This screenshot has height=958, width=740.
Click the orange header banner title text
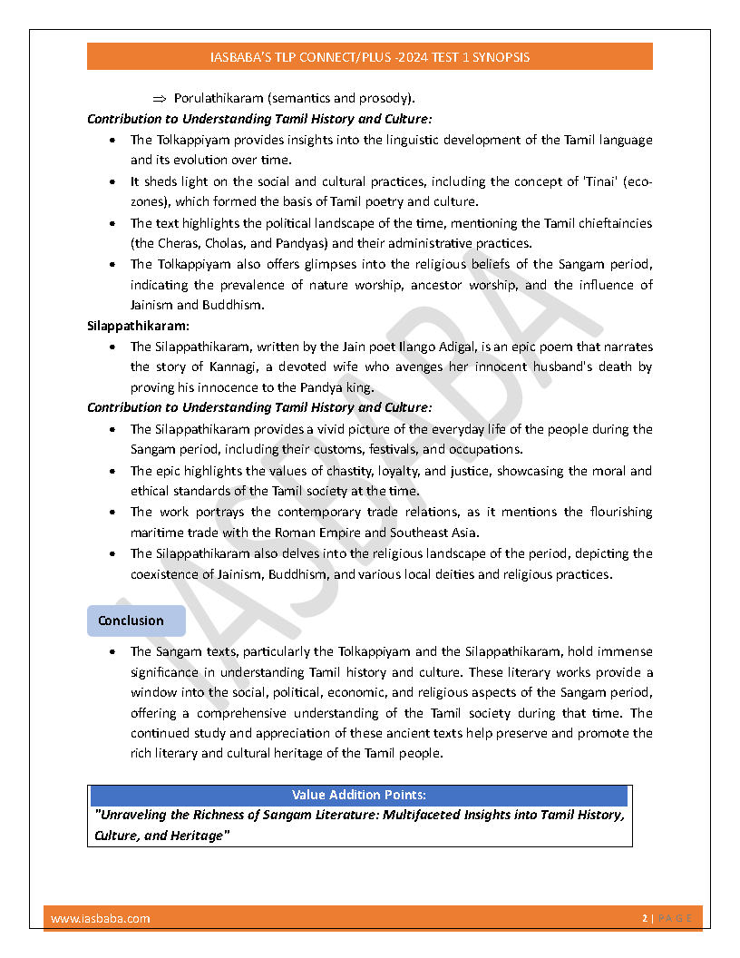pos(369,56)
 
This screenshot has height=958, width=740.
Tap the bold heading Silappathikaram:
pos(131,326)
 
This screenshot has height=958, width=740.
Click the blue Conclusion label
pos(131,621)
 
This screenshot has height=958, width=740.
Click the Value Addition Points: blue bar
pos(359,795)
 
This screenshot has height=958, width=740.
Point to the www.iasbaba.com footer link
pos(101,918)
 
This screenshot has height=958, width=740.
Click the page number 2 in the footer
pos(645,918)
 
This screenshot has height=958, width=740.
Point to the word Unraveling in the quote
pos(132,815)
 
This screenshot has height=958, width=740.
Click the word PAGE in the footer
pos(676,918)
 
